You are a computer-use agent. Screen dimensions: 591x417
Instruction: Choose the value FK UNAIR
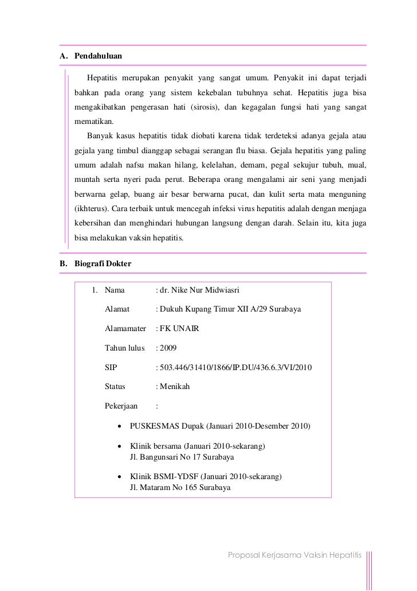coord(180,329)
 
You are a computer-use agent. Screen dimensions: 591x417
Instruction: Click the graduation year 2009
coord(169,348)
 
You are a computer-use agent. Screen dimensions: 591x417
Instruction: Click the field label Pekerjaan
coord(121,406)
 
